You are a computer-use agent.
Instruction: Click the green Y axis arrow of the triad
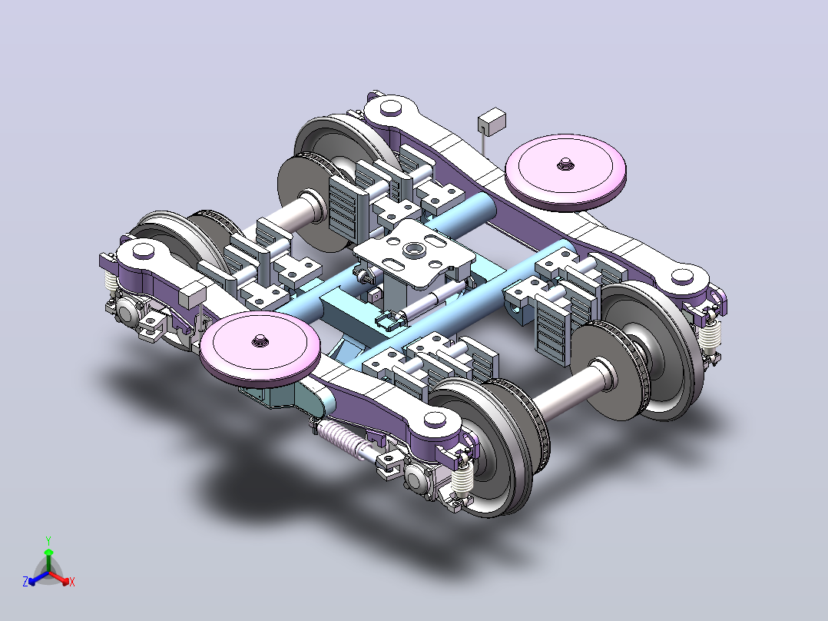pos(48,555)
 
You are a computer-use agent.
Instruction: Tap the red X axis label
pos(72,582)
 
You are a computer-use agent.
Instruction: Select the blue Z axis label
pos(25,581)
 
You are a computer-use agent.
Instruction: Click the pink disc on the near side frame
pos(260,349)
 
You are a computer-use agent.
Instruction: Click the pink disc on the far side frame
pos(565,171)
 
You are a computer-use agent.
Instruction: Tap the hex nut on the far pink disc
pos(565,163)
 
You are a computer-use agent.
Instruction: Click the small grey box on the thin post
pos(492,122)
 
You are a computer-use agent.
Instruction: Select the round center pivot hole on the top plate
pos(412,248)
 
